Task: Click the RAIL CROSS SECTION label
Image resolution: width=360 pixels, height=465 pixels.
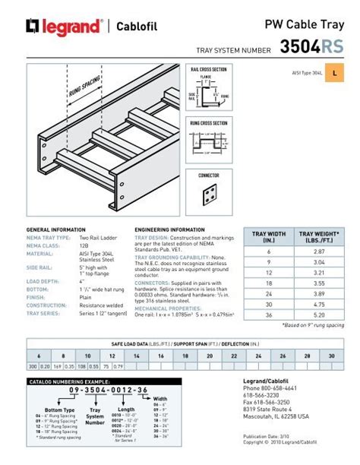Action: (208, 69)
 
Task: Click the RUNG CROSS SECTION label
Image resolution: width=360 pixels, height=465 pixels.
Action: (208, 123)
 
